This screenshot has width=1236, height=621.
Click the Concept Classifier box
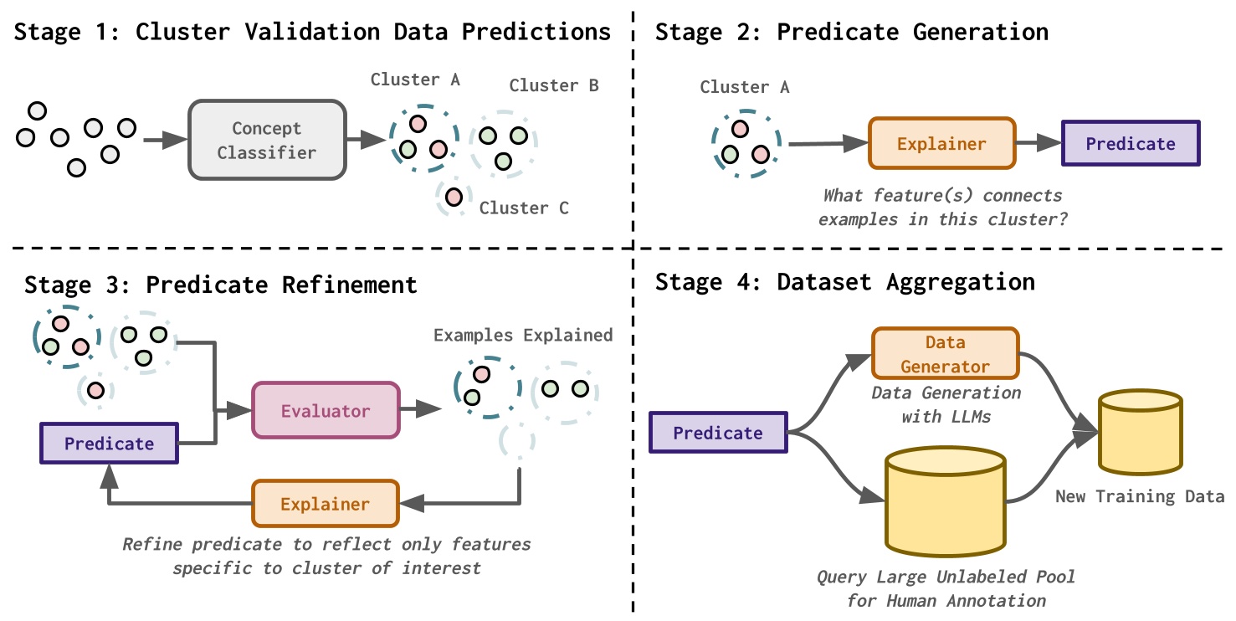[267, 140]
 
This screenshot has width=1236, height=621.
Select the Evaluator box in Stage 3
[326, 410]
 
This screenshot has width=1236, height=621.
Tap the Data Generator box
[945, 354]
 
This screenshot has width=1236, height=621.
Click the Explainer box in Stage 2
[941, 143]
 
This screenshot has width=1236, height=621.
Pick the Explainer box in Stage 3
[325, 504]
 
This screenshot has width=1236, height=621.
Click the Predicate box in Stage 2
[1131, 143]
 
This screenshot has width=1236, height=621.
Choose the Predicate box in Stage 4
[718, 433]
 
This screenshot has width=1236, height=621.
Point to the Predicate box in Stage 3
[109, 444]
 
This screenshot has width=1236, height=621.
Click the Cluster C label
[524, 208]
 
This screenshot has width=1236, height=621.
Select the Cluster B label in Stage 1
[554, 85]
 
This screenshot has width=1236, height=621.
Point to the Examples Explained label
[523, 335]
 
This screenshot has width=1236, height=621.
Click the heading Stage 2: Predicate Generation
[851, 32]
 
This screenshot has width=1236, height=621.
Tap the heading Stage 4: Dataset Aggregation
[844, 281]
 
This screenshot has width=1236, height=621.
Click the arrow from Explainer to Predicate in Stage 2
[1038, 143]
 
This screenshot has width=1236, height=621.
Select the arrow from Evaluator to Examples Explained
[419, 408]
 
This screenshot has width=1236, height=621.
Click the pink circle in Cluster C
[454, 197]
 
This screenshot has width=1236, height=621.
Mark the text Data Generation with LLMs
[946, 404]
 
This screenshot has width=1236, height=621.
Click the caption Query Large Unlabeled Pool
[946, 577]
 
